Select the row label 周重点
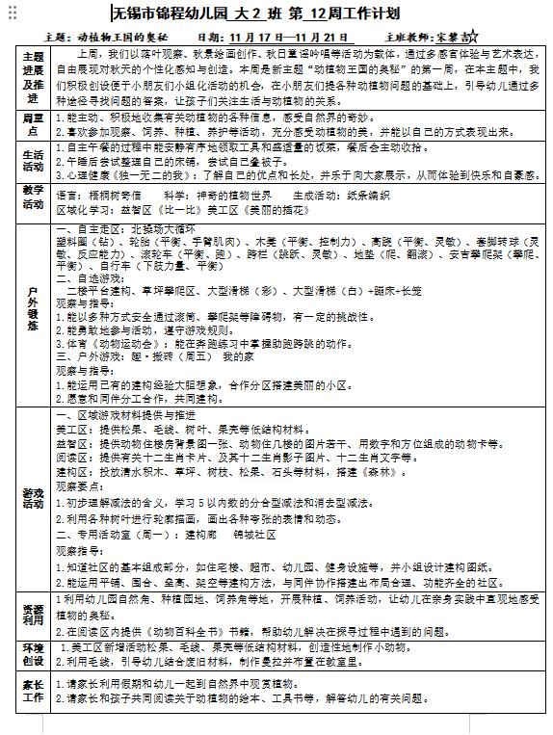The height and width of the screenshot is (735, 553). click(34, 122)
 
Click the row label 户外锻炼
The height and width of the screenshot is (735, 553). click(34, 310)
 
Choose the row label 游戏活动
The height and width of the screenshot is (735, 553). click(34, 499)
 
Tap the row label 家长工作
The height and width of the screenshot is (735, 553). click(34, 692)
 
